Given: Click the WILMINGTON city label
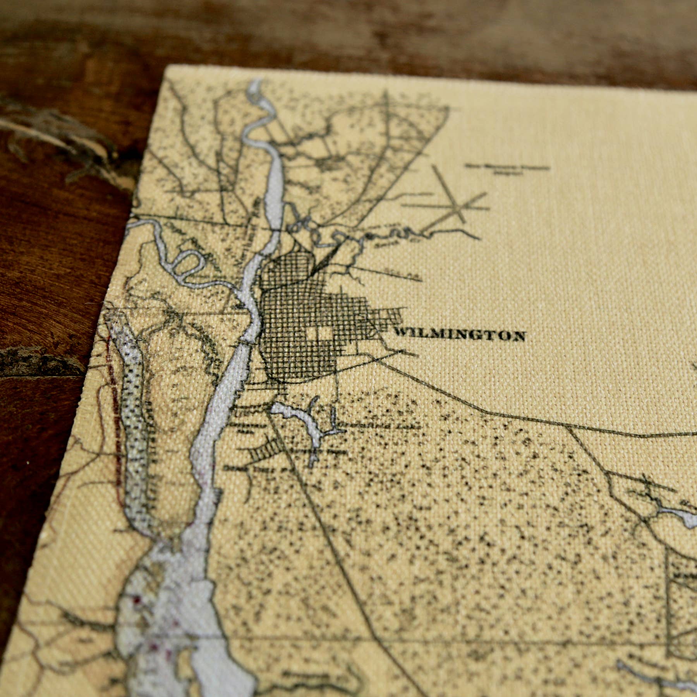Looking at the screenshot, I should click(x=459, y=335).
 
